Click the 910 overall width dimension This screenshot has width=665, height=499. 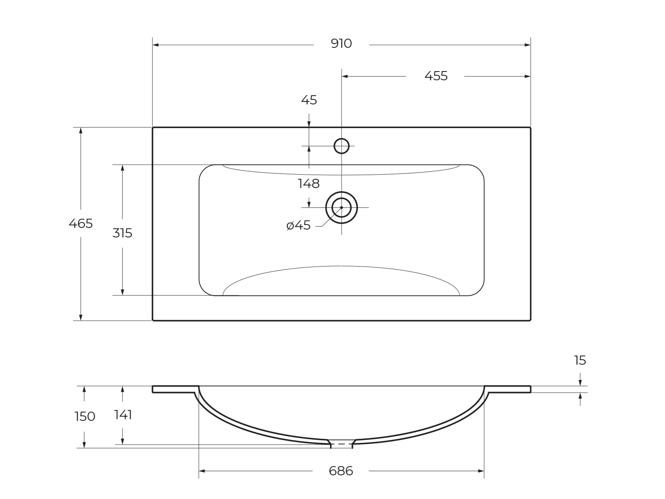[x=341, y=44]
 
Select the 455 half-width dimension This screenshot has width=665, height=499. [x=436, y=76]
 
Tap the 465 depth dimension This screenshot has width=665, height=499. [x=81, y=224]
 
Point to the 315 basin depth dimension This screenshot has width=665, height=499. [x=122, y=233]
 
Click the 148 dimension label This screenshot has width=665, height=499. [x=308, y=183]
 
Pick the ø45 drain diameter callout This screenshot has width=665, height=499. [x=298, y=225]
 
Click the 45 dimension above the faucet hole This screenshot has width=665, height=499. [x=309, y=100]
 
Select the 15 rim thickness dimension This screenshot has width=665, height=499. [x=580, y=360]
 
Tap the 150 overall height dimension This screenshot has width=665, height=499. [x=85, y=416]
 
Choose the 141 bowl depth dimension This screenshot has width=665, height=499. [x=123, y=415]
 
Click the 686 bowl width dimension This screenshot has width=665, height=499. [x=341, y=471]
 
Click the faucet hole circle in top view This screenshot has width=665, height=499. [x=341, y=146]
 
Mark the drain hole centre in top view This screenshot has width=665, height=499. [x=341, y=207]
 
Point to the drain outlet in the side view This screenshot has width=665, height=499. [x=341, y=444]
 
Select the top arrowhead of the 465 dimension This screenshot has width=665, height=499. [x=81, y=130]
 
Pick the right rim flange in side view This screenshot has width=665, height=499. [x=508, y=389]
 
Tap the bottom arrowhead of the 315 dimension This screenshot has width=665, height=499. [x=122, y=292]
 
